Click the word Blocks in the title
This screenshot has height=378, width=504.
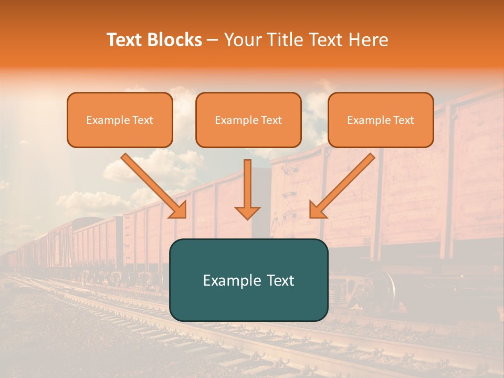coord(174,40)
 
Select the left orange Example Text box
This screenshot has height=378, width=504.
coord(120,120)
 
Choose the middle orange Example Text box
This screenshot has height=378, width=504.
coord(248,120)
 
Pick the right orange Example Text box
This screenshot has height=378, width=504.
coord(381,120)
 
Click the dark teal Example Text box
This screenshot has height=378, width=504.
coord(248,280)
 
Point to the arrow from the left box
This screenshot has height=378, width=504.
coord(152,184)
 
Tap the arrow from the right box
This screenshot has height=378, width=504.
coord(344,184)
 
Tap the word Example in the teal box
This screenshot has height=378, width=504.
coord(232,280)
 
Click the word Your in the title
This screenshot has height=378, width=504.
coord(240,40)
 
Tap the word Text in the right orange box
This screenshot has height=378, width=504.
coord(403,120)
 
